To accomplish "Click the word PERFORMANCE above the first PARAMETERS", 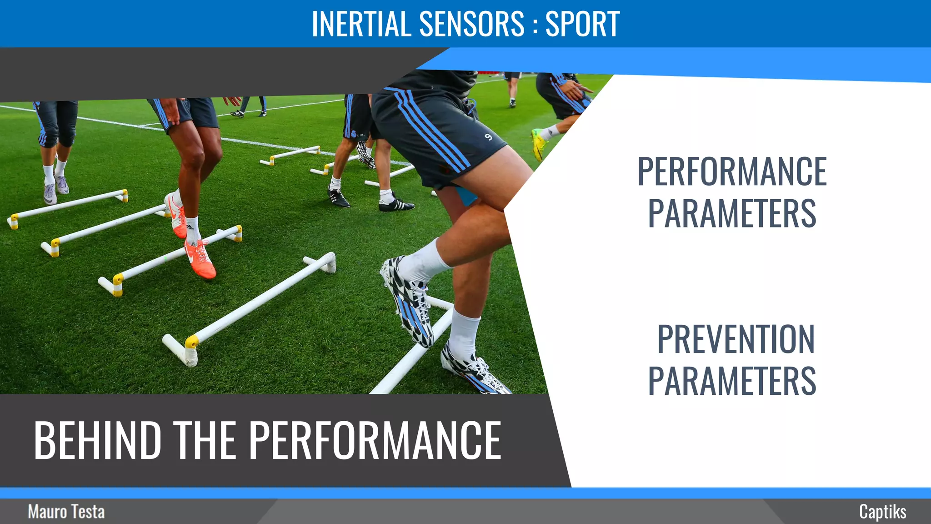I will pos(732,171).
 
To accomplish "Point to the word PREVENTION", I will pos(736,339).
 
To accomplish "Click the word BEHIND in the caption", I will pos(98,440).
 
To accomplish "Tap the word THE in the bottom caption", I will pos(205,440).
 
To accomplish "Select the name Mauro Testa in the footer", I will pos(66,512).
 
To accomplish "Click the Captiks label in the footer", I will pos(882,512).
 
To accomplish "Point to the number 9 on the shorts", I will pos(488,137).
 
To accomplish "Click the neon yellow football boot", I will pos(539,143).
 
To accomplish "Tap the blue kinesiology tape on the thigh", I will pos(466,195).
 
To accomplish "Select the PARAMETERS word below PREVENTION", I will pos(732,381).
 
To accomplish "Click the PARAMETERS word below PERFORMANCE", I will pos(732,213).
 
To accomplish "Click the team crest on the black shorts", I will pos(354,134).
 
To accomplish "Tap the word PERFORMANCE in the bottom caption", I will pos(375,440).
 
